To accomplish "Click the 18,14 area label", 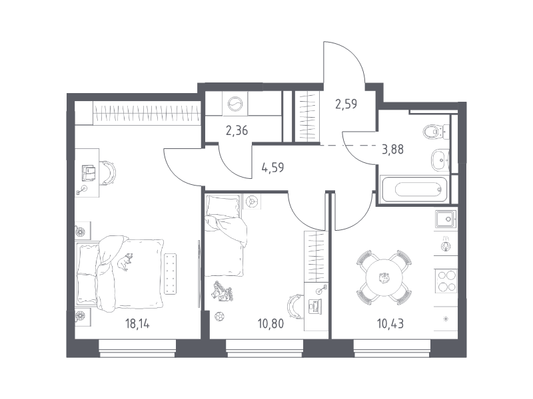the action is tap(137, 324).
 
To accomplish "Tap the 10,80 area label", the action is tap(270, 324).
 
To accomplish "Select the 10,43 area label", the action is tap(390, 324).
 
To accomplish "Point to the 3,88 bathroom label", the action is tap(392, 149).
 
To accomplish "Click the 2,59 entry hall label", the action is tap(346, 104).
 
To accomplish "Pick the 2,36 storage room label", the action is tap(237, 130).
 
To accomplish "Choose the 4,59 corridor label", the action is tap(272, 168).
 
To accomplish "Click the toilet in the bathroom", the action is tap(436, 132).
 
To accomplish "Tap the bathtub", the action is tap(414, 190).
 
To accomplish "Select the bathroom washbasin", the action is tap(440, 160).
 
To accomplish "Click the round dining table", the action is tap(384, 278).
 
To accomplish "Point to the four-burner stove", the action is tap(446, 281).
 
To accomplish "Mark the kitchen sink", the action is tap(446, 219).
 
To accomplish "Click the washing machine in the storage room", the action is tap(235, 104).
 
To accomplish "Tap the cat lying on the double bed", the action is tap(125, 261).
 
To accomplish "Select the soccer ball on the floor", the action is tap(220, 317).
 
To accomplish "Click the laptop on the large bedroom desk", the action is tap(89, 173).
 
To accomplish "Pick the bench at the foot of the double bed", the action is tap(171, 273).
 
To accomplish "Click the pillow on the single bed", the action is tap(222, 205).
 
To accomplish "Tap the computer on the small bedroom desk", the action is tap(314, 305).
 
